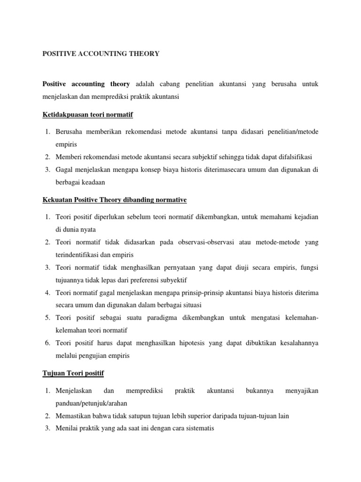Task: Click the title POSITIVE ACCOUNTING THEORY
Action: (x=101, y=54)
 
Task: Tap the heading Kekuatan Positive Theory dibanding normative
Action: (x=114, y=200)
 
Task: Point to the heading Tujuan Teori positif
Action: (x=73, y=373)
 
